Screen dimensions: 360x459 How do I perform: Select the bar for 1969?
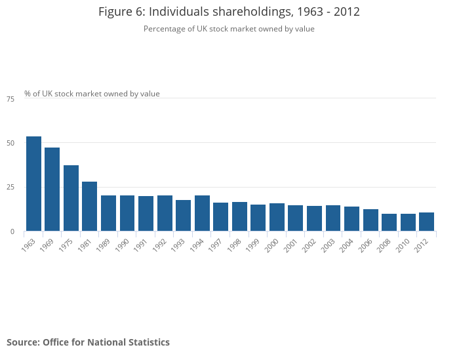point(52,189)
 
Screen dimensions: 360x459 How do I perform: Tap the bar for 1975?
point(71,198)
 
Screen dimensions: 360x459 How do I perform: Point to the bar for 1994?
point(202,213)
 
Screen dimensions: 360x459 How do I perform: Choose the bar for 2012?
point(427,222)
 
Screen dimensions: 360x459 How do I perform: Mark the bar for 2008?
point(389,222)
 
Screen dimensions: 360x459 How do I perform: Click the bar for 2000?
point(277,217)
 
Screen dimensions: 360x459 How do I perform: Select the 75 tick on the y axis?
point(10,99)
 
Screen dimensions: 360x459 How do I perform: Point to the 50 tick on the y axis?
point(10,143)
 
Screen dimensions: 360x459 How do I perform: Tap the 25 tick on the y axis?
point(10,188)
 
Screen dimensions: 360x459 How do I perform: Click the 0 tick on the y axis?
point(12,231)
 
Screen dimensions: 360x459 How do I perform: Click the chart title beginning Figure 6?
point(229,12)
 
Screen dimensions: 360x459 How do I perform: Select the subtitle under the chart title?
point(229,29)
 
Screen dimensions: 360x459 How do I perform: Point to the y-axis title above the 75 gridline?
point(92,94)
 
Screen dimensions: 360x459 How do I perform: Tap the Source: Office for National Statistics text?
point(88,342)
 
